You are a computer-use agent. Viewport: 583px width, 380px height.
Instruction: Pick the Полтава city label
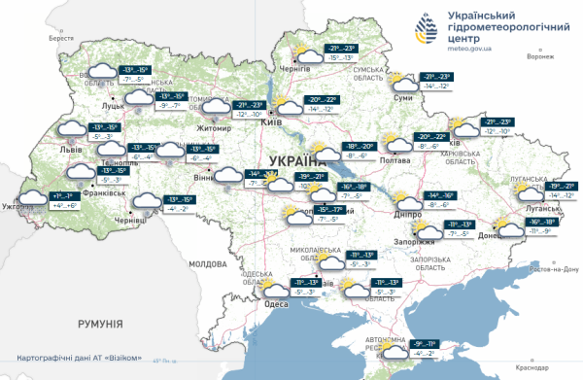coord(397,160)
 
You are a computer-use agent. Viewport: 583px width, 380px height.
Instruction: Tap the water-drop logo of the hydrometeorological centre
coord(429,28)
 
